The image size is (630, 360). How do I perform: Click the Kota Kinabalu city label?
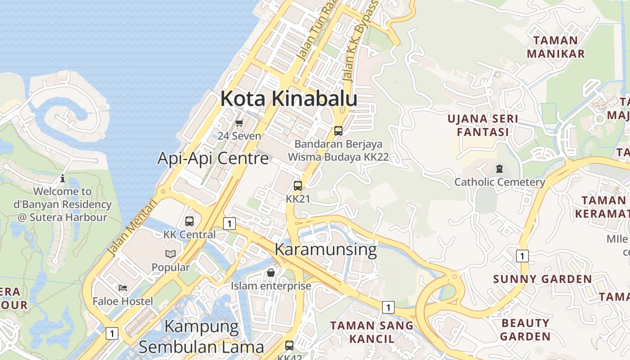pos(288,99)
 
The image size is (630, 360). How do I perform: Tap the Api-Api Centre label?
pos(213,158)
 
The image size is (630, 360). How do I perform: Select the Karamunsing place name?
pos(325,249)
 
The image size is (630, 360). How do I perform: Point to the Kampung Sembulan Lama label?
pos(201,336)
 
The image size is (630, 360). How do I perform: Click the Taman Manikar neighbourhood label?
pos(556,47)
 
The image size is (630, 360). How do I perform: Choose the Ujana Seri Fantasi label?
pos(482,126)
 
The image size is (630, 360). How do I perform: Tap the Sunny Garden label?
pos(542,279)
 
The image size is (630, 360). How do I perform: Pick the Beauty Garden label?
pos(525,329)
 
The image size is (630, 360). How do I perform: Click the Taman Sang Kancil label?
pos(372,332)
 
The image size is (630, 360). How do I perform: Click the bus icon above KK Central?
pos(189,221)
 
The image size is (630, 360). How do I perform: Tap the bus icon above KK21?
pos(298,185)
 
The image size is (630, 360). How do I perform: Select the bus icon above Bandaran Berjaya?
pos(338,131)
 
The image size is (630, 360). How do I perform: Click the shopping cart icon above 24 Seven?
pos(239,123)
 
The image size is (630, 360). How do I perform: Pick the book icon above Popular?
pos(170,254)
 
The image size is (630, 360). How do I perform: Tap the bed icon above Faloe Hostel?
pos(123,288)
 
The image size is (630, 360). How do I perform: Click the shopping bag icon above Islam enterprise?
pos(271,273)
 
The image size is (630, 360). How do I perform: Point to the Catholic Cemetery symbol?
pos(499,169)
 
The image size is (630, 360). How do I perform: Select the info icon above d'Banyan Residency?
pos(63,178)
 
